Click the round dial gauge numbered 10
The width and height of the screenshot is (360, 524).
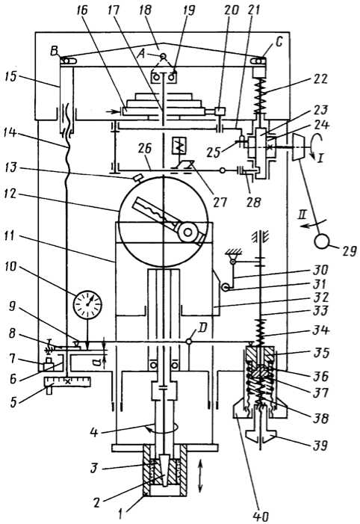point(87,305)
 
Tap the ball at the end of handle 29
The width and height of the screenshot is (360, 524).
point(322,241)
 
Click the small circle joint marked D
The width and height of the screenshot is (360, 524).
point(189,342)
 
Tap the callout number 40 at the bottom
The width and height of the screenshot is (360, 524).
point(261,516)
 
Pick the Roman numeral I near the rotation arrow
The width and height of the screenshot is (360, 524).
point(320,158)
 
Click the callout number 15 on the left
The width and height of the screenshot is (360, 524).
point(10,78)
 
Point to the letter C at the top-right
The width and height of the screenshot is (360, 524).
point(279,42)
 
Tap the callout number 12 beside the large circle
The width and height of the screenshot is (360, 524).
point(11,194)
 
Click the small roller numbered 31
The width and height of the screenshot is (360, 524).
point(226,287)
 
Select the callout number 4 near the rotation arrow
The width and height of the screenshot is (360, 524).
point(94,432)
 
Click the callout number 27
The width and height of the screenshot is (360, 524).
point(220,201)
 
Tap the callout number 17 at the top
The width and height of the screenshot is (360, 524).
point(113,10)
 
